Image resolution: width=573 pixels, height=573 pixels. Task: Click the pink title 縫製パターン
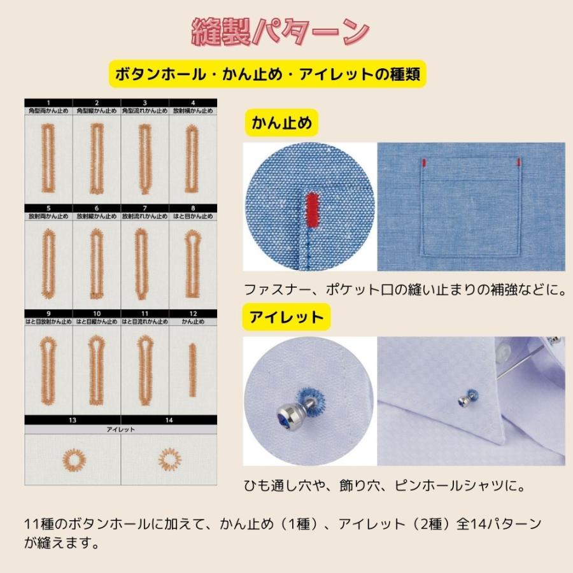click(281, 32)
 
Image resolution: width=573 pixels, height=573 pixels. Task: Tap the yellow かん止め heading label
click(282, 123)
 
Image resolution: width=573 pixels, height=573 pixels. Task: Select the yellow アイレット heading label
click(286, 317)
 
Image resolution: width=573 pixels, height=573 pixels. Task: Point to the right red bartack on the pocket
click(520, 162)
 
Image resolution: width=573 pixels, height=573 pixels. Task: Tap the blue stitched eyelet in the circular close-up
click(314, 399)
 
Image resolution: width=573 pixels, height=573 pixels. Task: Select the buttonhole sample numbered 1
click(48, 159)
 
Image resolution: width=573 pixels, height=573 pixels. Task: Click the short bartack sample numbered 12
click(192, 369)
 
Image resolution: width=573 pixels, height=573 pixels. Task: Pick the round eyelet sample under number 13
click(72, 458)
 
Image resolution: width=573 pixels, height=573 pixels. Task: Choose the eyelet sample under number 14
click(169, 458)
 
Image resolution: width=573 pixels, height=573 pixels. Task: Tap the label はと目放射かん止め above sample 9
click(48, 322)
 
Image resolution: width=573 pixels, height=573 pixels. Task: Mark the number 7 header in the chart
click(145, 208)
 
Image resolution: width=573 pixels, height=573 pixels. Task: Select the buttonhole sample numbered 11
click(145, 367)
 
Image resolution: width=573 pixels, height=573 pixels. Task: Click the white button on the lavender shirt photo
click(507, 350)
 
